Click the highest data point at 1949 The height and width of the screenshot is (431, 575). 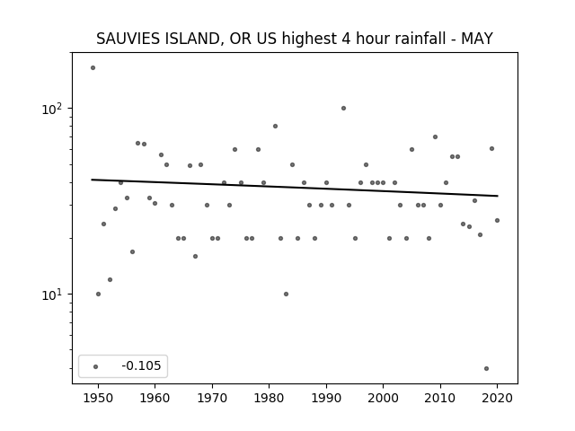(x=93, y=68)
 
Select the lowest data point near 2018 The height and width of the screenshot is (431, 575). (x=486, y=369)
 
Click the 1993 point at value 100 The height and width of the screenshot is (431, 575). (x=343, y=108)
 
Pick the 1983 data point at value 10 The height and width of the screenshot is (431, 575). (x=286, y=294)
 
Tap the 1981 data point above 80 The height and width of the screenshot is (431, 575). (x=276, y=126)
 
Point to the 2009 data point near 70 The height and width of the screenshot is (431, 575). (x=435, y=137)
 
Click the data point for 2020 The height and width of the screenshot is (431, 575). (x=497, y=220)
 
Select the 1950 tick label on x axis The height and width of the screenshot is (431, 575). (x=98, y=398)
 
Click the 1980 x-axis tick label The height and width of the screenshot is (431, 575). (x=269, y=398)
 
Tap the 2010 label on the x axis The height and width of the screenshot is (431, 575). (x=440, y=398)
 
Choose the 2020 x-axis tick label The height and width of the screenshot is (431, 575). (x=497, y=398)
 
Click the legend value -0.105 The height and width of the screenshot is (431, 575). (x=141, y=365)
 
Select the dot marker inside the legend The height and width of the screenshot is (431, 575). (x=96, y=366)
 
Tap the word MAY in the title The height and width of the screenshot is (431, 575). (x=477, y=39)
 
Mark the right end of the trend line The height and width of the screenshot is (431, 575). (x=498, y=196)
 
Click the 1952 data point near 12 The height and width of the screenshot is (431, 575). (x=110, y=279)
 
